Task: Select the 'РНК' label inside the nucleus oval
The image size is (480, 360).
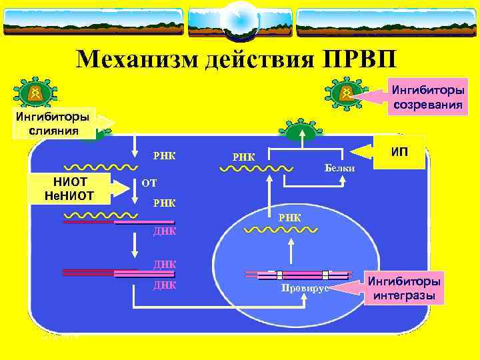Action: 289,217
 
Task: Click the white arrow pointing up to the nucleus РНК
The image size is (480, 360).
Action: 291,253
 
